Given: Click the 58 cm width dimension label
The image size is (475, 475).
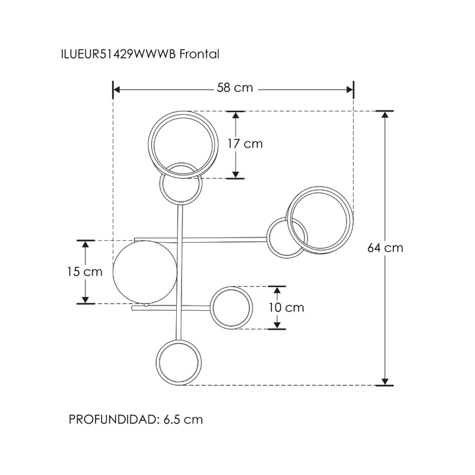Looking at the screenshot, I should (x=234, y=88).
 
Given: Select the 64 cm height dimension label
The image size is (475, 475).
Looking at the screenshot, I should (x=385, y=248).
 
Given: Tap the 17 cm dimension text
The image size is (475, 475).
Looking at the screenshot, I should (x=245, y=144).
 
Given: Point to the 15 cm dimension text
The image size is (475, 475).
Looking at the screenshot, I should (x=85, y=272).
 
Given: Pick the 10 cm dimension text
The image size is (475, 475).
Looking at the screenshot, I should (x=286, y=307).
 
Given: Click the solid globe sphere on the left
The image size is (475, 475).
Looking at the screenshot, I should (x=145, y=272).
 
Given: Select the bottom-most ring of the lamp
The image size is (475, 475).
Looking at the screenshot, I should (x=179, y=362).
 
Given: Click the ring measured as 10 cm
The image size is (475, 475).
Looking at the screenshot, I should (x=232, y=307).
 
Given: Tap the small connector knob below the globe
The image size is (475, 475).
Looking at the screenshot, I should (x=146, y=305).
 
